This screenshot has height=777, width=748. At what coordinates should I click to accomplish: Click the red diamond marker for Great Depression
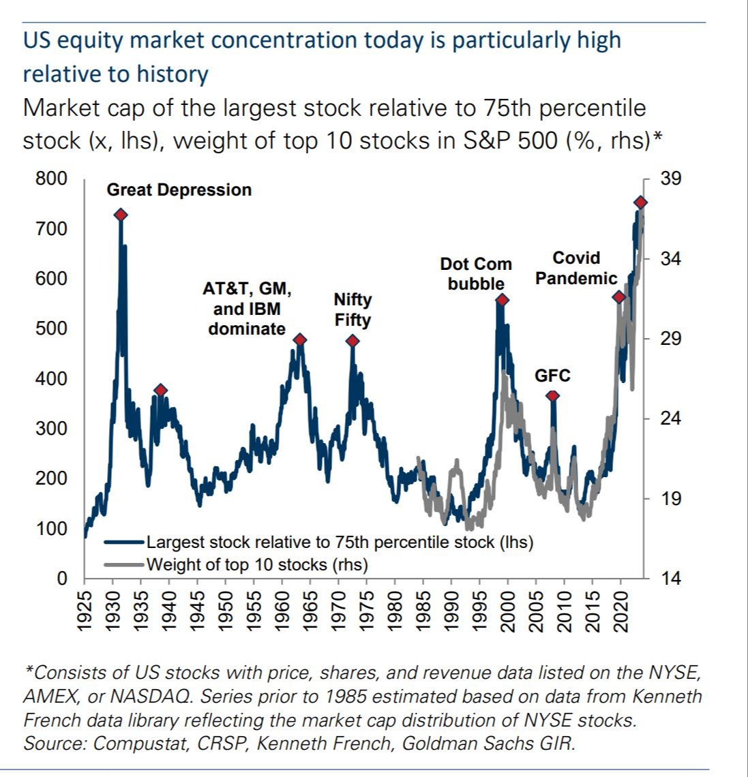(x=121, y=215)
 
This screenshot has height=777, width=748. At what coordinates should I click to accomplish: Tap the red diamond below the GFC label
(x=552, y=396)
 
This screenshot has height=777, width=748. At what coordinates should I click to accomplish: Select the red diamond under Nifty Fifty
(x=352, y=341)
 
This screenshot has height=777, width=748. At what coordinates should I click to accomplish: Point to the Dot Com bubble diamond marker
(x=503, y=300)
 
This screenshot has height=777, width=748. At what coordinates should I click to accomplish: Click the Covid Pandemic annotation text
(x=576, y=268)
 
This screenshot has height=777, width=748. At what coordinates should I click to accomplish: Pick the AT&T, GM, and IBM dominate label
(x=247, y=309)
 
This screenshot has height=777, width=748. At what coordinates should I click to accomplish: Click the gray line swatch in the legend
(x=125, y=564)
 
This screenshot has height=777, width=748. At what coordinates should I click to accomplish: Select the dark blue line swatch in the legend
(x=125, y=543)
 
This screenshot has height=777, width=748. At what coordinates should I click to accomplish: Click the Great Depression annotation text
(x=179, y=189)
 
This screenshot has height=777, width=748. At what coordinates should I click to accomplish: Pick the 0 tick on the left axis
(x=62, y=579)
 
